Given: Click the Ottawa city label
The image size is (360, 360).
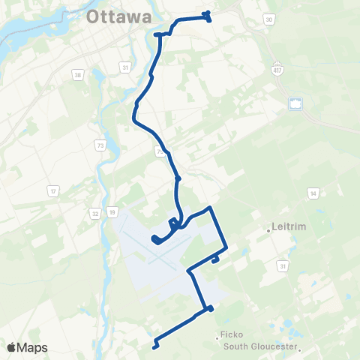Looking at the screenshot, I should pos(119,16).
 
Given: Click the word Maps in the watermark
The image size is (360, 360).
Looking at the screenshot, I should pos(33,347).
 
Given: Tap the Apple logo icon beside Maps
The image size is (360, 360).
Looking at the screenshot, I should pos(10,347).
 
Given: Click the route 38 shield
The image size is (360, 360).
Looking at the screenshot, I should pos(78,74).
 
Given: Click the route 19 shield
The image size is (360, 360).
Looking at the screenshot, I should pos(111,213).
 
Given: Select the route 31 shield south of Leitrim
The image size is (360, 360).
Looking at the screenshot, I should pos(283,265).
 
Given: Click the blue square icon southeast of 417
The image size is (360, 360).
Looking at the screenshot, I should pos(295,103).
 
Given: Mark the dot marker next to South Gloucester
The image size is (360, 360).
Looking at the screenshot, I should pos(298,348).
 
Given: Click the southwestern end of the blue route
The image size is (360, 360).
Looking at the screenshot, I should pos(154,346).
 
